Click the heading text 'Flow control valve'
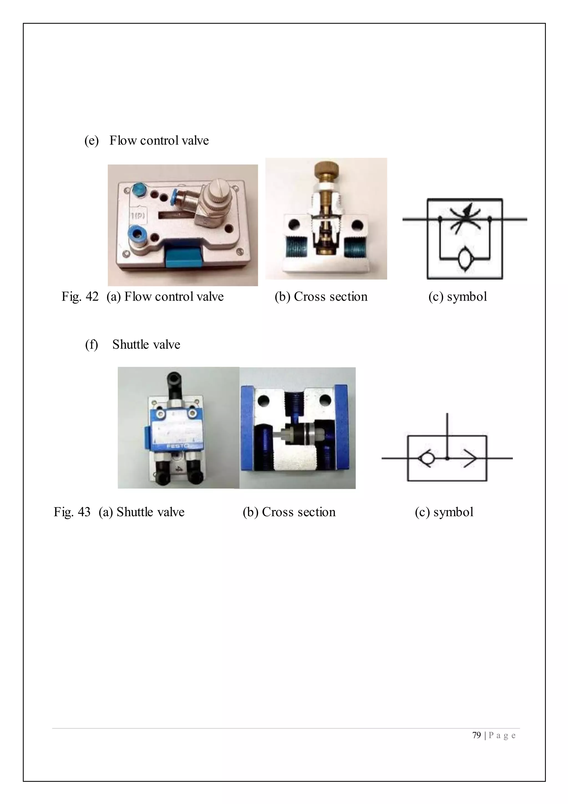tap(159, 140)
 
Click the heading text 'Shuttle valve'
tap(146, 345)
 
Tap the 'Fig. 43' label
tap(72, 512)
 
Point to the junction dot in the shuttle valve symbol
tap(447, 458)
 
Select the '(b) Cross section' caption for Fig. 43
tap(289, 512)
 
